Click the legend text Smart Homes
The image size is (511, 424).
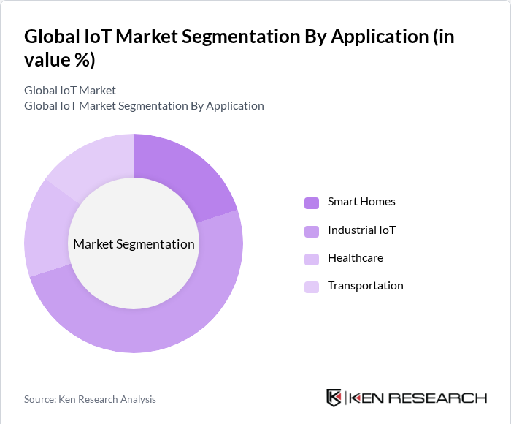pyautogui.click(x=361, y=202)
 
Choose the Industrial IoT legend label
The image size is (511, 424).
pyautogui.click(x=361, y=230)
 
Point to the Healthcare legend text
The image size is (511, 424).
pyautogui.click(x=356, y=258)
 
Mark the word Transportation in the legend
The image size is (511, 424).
pyautogui.click(x=365, y=286)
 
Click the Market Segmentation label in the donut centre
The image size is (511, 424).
pyautogui.click(x=134, y=244)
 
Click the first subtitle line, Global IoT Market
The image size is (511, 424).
pyautogui.click(x=70, y=91)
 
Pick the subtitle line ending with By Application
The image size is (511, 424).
pyautogui.click(x=144, y=106)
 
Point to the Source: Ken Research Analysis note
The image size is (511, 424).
pyautogui.click(x=90, y=399)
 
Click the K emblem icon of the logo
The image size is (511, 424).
pyautogui.click(x=334, y=398)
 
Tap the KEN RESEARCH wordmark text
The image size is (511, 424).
pyautogui.click(x=418, y=398)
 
